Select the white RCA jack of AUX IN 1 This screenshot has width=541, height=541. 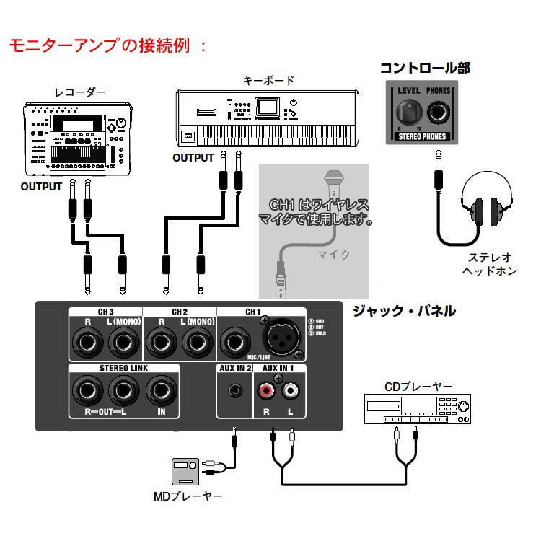291,392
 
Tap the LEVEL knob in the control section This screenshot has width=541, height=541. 408,113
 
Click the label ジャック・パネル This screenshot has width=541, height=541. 403,311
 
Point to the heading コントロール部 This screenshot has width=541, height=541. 425,68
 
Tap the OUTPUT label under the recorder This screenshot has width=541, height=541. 41,186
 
